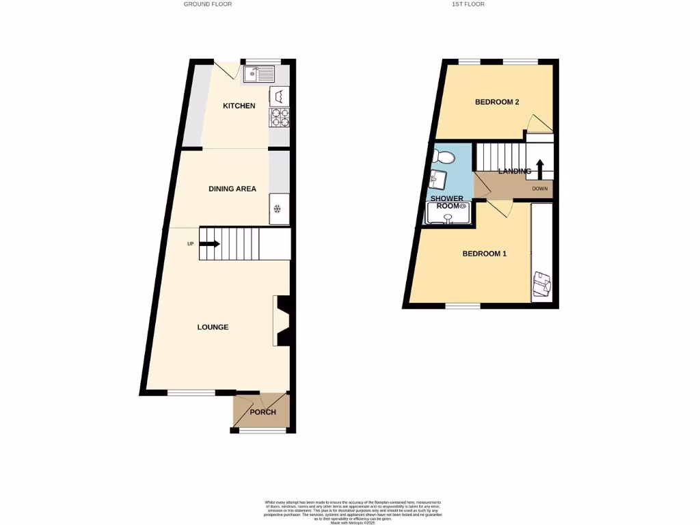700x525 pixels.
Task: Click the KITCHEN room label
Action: pos(239,106)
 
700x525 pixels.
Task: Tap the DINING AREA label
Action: pos(232,189)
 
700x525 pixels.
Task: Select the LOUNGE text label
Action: pos(213,327)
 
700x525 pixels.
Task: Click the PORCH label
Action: pos(262,412)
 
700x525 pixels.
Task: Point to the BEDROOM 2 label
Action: pos(497,103)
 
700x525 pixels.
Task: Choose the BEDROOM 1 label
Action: pos(484,254)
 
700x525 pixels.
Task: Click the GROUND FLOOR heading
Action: pos(208,4)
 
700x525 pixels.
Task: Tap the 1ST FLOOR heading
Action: pos(468,4)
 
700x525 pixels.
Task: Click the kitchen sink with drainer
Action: pos(258,73)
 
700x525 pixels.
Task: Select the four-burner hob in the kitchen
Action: pos(280,118)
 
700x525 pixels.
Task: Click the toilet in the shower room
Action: pos(444,157)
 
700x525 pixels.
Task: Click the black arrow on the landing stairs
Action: pos(539,168)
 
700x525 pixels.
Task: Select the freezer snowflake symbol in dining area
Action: pos(278,211)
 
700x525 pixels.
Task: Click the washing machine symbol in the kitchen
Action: pos(280,95)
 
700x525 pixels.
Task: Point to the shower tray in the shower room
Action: pos(448,213)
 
